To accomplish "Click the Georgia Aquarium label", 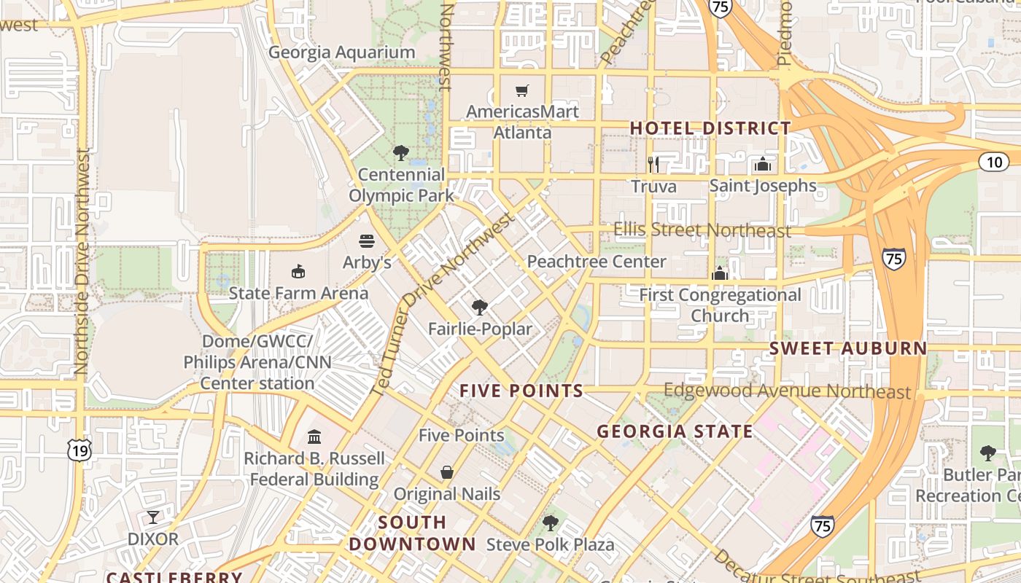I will pos(341,52).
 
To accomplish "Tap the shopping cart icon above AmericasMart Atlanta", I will pos(521,91).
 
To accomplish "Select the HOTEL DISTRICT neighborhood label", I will pos(710,128).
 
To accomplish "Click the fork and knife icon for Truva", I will pos(653,164).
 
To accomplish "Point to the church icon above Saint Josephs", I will pos(763,164).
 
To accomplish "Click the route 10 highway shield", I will pos(993,162).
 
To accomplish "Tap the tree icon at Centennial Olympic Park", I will pos(400,153).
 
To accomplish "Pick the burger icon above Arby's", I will pos(367,240).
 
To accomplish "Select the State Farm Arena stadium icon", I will pos(298,272).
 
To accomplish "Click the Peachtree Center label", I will pos(597,261).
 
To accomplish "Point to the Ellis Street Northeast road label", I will pos(702,230).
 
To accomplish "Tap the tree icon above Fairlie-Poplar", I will pos(479,307).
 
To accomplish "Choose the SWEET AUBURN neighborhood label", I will pos(848,348).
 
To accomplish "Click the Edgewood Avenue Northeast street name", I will pos(787,391).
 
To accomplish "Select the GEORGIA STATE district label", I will pos(675,431).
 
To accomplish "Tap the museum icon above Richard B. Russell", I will pos(314,437).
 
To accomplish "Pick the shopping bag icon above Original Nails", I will pos(447,472).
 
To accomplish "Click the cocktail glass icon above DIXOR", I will pos(152,517).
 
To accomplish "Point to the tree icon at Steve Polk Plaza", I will pos(551,523).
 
